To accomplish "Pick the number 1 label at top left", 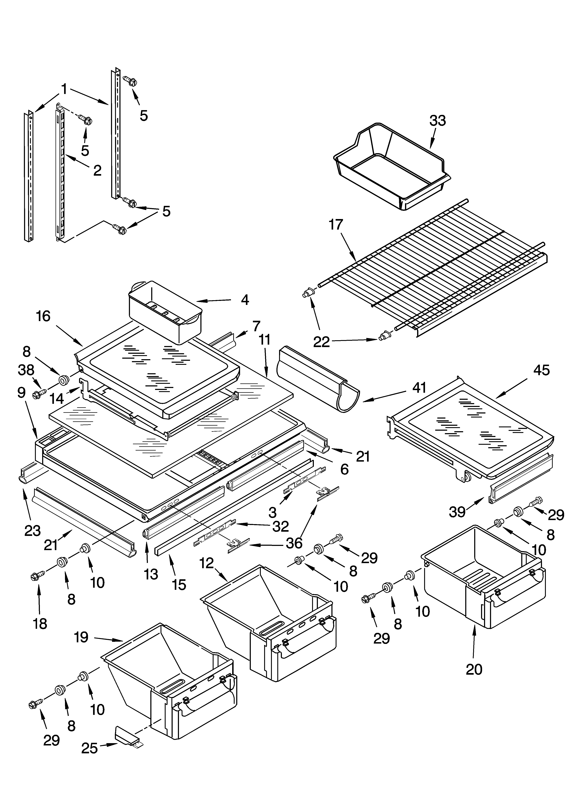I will click(x=64, y=89).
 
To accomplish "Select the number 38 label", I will click(x=26, y=370).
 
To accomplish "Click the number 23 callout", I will click(x=32, y=531).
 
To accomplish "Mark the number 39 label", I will click(x=457, y=512).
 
